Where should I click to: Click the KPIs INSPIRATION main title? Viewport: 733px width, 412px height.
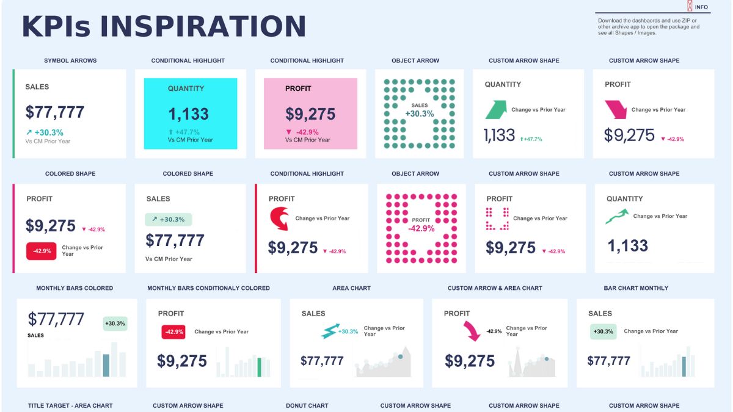tap(164, 27)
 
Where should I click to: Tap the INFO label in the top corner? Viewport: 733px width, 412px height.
tap(701, 7)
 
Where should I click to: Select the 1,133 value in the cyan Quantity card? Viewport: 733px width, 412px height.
tap(189, 114)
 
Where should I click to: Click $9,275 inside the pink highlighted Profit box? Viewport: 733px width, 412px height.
tap(310, 114)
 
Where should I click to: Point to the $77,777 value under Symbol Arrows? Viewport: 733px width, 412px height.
tap(55, 112)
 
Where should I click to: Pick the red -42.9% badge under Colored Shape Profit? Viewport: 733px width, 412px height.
tap(42, 251)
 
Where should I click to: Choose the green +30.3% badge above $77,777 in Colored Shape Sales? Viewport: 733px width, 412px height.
tap(169, 219)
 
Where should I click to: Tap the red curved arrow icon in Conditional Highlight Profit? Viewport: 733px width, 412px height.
tap(280, 219)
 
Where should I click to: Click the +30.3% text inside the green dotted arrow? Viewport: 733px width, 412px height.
tap(420, 114)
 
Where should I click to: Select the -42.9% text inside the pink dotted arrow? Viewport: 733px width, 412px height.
tap(421, 228)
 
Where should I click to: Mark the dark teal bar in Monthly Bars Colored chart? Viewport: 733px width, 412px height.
tap(106, 364)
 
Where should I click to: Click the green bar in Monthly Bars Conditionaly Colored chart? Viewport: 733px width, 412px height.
tap(260, 367)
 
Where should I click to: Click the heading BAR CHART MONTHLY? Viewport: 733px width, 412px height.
tap(636, 288)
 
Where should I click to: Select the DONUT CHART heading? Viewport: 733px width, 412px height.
tap(307, 405)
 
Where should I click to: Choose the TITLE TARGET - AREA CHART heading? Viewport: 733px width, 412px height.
tap(70, 405)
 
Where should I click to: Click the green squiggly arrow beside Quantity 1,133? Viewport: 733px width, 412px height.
tap(617, 217)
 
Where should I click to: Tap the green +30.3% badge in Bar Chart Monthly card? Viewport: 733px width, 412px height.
tap(604, 331)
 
